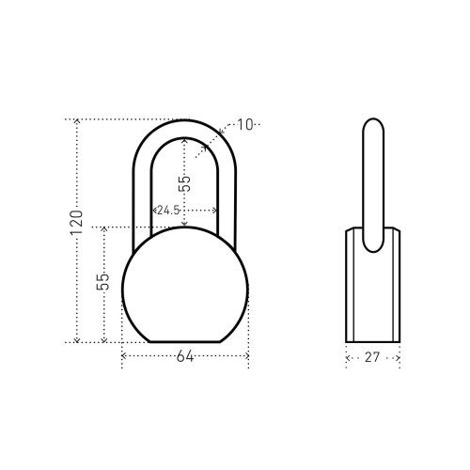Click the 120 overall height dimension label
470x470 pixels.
(77, 223)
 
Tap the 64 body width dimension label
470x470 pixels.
(185, 356)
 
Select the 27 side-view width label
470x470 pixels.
(372, 357)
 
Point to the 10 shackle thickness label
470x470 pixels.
(245, 125)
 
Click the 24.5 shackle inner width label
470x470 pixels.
(168, 210)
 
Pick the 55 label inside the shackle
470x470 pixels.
(184, 183)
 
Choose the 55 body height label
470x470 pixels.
(102, 282)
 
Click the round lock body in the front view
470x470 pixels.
(185, 285)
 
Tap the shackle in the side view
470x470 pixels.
(373, 185)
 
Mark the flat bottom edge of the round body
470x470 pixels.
(185, 342)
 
